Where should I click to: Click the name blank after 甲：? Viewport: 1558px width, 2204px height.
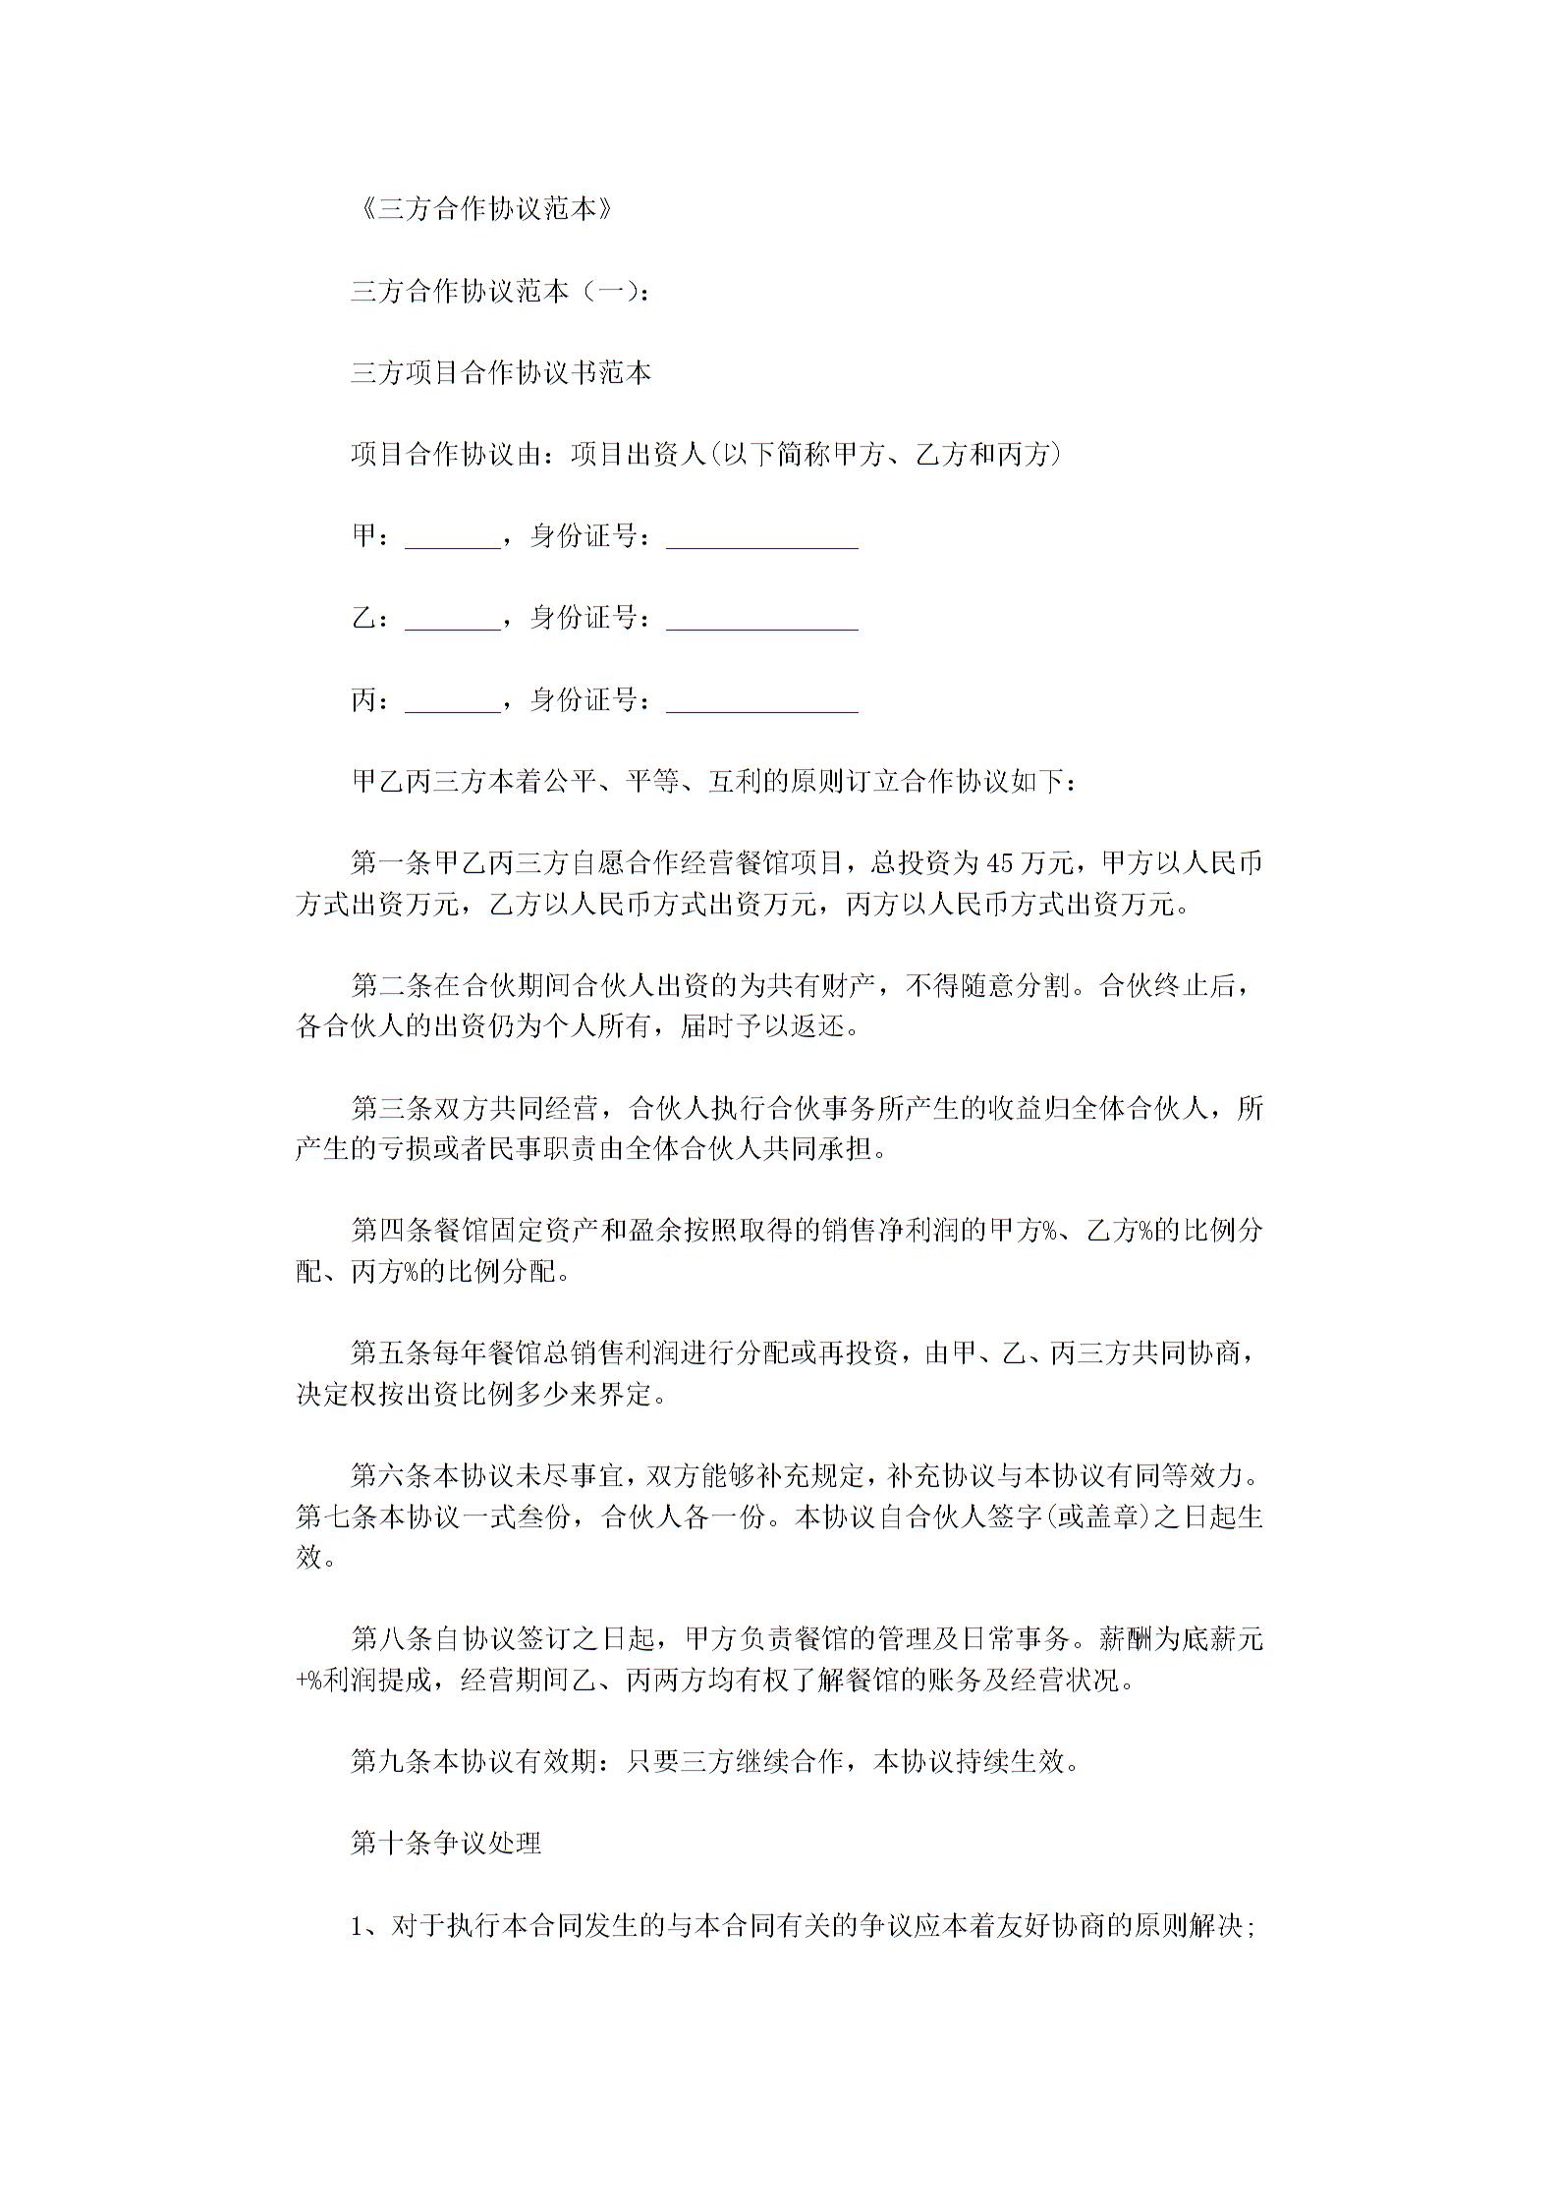pos(453,538)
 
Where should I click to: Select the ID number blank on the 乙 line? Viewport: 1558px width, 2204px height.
pos(761,620)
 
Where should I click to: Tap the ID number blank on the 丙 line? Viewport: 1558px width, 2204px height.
pos(761,701)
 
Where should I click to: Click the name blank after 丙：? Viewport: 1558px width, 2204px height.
pos(453,701)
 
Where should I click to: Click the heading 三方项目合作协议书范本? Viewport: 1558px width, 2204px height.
pos(501,373)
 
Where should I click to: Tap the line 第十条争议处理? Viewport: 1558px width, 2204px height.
pos(446,1844)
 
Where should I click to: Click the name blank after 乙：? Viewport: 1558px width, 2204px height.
pos(453,620)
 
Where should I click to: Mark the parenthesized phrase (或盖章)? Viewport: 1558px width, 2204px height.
pos(1096,1516)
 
